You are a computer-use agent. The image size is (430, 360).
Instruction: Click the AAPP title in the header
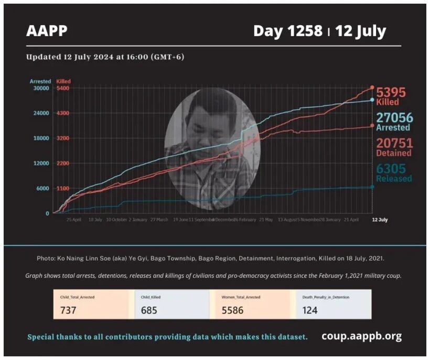pos(47,31)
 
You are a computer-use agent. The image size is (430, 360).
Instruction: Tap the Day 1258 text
pos(288,31)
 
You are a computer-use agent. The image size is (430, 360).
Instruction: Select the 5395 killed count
pos(391,93)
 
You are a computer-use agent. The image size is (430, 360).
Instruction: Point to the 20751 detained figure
pos(394,144)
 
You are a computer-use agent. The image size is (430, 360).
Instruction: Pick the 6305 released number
pos(394,169)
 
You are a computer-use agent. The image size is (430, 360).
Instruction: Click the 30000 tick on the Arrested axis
pos(41,88)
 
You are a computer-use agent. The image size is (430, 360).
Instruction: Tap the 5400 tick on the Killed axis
pos(63,88)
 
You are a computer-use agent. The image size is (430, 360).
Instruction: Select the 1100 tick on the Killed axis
pos(63,188)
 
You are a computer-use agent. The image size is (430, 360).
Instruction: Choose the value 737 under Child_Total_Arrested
pos(68,310)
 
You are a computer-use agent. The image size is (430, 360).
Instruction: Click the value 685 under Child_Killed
pos(149,310)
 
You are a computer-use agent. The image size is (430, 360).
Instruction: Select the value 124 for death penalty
pos(310,310)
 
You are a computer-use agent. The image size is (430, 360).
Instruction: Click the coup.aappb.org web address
pos(361,336)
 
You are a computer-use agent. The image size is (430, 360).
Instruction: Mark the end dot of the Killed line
pos(372,88)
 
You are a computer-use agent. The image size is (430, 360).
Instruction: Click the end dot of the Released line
pos(372,187)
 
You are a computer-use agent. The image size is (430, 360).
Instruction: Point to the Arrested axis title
pos(40,81)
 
